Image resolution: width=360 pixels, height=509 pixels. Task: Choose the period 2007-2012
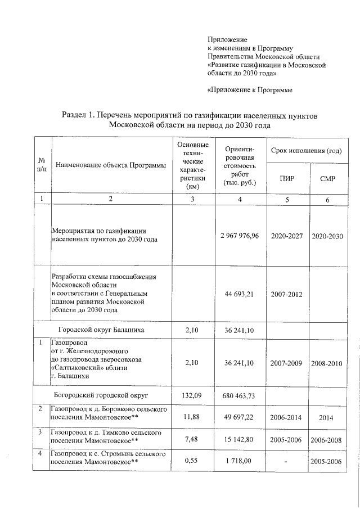tap(286, 294)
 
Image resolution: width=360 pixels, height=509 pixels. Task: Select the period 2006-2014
tap(286, 418)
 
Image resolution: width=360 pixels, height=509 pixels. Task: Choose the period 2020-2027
tap(286, 235)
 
